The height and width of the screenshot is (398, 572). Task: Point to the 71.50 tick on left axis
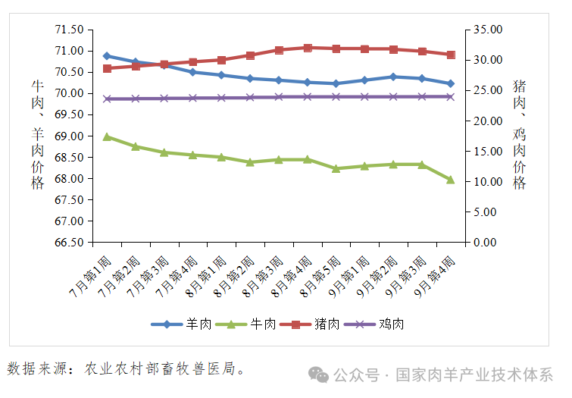[69, 30]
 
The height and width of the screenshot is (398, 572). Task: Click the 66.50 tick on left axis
[69, 243]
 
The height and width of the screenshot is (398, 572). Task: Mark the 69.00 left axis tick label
[69, 136]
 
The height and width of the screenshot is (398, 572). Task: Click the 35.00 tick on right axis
[486, 30]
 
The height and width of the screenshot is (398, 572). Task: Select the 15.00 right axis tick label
[486, 152]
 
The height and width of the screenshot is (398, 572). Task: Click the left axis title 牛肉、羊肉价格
[37, 135]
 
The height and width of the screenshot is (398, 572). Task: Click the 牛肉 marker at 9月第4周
[450, 180]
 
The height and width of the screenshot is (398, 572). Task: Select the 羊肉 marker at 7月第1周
[107, 56]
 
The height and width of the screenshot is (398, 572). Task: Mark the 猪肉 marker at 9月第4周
[450, 55]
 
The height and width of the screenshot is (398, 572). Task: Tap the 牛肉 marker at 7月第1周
[107, 136]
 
